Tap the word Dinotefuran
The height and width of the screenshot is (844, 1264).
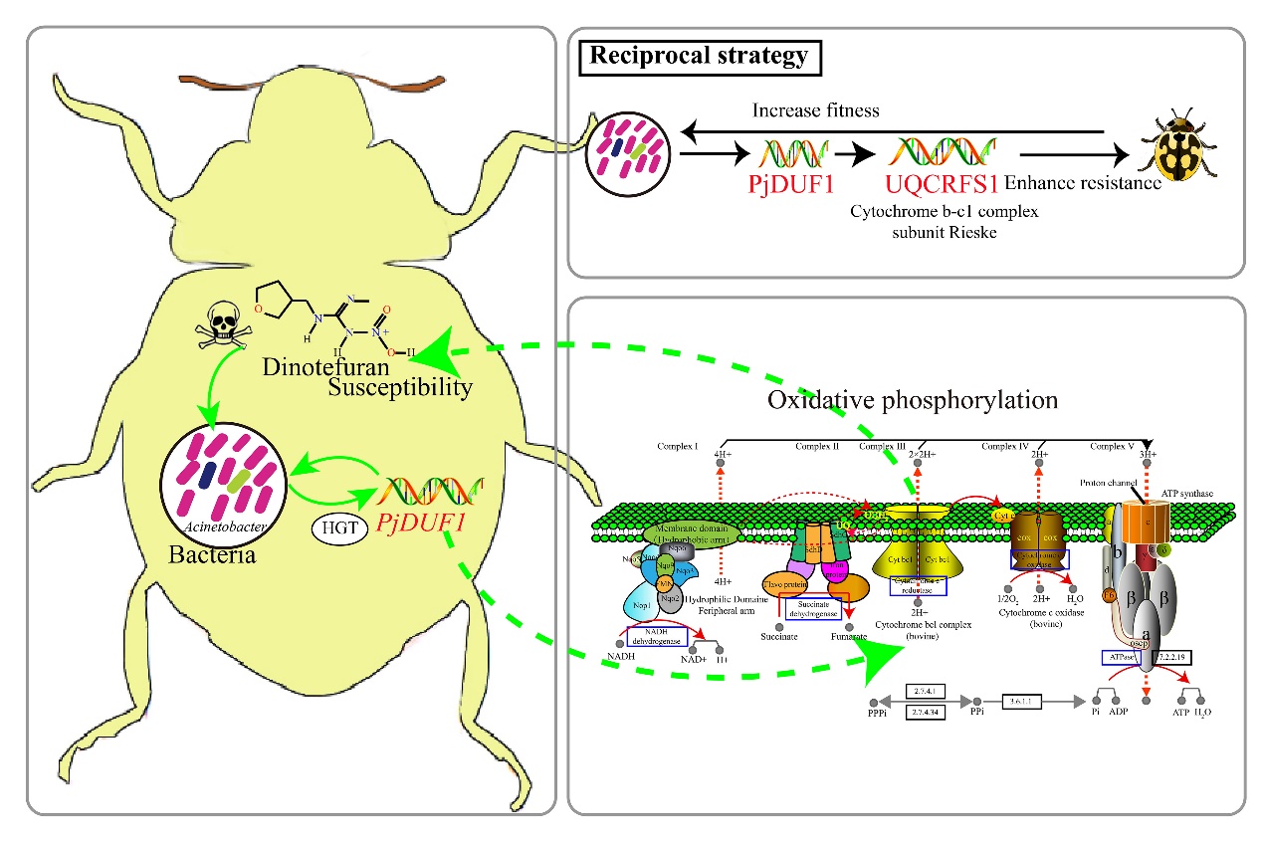[x=318, y=365]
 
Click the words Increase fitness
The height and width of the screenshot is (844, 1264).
[x=816, y=109]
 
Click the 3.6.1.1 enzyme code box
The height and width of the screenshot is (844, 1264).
[x=1026, y=701]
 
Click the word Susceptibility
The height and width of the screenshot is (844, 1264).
[x=400, y=387]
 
